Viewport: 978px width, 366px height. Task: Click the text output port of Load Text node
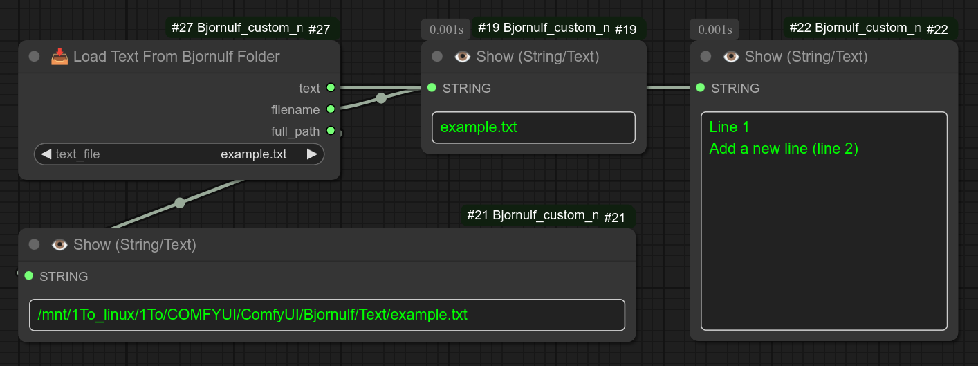click(x=331, y=87)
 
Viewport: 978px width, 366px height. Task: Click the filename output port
click(x=331, y=109)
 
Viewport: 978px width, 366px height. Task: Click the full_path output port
click(x=331, y=131)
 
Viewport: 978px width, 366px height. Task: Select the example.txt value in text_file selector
click(x=253, y=154)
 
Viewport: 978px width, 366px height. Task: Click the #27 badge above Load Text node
click(x=319, y=29)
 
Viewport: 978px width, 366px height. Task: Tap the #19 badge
click(x=625, y=29)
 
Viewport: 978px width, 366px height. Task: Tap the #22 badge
click(x=937, y=29)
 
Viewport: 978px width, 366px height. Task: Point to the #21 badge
click(x=614, y=217)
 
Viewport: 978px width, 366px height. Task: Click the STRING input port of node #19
click(x=432, y=88)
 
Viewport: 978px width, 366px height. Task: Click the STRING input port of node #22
click(x=701, y=88)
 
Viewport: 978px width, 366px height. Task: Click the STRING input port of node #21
click(x=29, y=275)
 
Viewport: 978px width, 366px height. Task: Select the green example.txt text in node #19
click(x=479, y=127)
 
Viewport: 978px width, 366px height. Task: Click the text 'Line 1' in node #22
click(x=729, y=127)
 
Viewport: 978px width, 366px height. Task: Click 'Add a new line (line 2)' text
click(x=783, y=148)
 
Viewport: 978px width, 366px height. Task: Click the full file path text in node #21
click(x=252, y=315)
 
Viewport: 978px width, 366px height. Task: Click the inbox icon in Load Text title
click(x=59, y=57)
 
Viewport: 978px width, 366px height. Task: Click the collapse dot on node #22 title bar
click(x=705, y=56)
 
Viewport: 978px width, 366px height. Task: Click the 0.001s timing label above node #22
click(x=714, y=30)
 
